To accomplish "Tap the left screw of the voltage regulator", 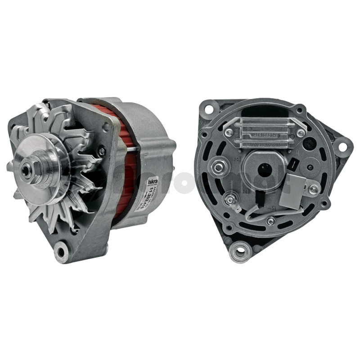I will (x=229, y=132).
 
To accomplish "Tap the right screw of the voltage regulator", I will (x=300, y=133).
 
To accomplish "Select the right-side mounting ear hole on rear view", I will (x=342, y=147).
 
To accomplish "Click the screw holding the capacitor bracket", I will (x=313, y=189).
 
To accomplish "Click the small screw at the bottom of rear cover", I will (x=270, y=221).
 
